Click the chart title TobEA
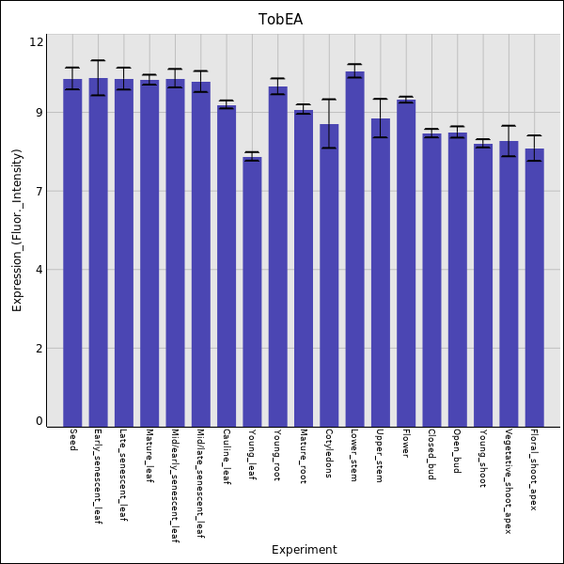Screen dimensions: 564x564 point(281,20)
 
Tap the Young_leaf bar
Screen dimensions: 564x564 point(252,291)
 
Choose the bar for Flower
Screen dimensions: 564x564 point(406,262)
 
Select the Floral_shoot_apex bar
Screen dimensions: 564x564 point(534,287)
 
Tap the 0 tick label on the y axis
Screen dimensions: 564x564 point(39,421)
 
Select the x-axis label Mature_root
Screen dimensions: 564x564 point(303,456)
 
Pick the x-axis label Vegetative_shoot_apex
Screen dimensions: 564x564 point(508,481)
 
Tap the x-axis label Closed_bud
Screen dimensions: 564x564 point(431,454)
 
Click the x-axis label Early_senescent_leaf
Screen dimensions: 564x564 point(98,477)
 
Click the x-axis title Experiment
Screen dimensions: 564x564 point(304,550)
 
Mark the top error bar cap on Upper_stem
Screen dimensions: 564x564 point(380,99)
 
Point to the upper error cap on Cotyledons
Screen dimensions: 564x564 point(329,100)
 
